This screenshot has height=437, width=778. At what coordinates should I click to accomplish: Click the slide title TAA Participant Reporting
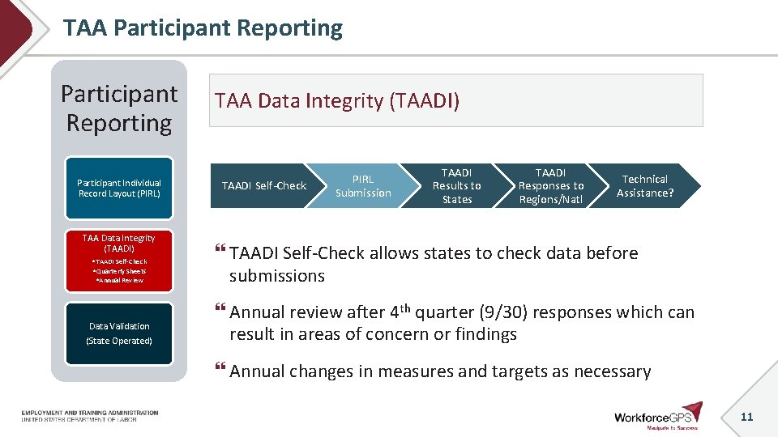tap(203, 28)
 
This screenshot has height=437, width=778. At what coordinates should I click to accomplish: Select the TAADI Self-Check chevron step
tap(263, 186)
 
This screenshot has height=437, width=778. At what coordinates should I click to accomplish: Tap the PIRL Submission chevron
tap(362, 186)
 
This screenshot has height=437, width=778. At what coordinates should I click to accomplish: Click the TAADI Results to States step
tap(456, 186)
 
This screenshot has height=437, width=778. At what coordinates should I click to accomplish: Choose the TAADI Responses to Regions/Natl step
tap(550, 186)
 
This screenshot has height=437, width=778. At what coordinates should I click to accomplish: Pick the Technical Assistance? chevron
tap(644, 186)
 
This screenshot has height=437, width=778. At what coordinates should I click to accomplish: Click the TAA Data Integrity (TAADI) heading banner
tap(455, 100)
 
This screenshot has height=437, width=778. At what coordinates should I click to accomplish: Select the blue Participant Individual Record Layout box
tap(119, 189)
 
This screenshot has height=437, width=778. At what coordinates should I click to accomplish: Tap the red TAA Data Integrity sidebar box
tap(119, 259)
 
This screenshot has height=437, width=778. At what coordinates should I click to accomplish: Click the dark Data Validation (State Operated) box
tap(119, 333)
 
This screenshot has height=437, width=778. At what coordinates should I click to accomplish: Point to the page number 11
tap(746, 417)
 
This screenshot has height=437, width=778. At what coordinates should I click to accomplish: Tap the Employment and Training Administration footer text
tap(90, 413)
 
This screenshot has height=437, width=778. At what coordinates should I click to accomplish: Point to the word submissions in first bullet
tap(276, 276)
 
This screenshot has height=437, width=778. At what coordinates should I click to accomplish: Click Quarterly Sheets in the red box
tap(120, 271)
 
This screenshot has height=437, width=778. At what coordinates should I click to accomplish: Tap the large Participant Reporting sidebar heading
tap(119, 108)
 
